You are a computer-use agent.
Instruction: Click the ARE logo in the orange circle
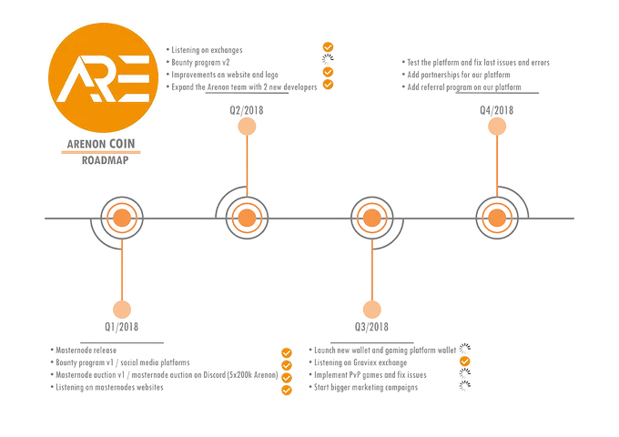(x=104, y=78)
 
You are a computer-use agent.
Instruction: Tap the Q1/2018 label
(x=122, y=327)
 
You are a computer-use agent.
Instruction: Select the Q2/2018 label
(x=247, y=110)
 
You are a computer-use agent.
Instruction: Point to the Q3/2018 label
(x=371, y=327)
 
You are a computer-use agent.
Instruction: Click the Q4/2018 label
(x=497, y=110)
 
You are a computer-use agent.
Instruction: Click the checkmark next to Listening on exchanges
(x=328, y=47)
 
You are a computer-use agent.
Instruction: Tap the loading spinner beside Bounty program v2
(x=328, y=59)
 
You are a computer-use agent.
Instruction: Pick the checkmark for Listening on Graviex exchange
(x=465, y=361)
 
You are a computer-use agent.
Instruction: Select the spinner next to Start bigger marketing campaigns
(x=465, y=386)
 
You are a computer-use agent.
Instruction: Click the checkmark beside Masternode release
(x=287, y=352)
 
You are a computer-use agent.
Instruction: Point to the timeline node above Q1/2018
(x=122, y=218)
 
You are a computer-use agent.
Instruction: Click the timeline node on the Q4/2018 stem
(x=497, y=218)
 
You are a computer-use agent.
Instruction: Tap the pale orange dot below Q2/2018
(x=247, y=127)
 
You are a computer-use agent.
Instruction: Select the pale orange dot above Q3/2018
(x=372, y=310)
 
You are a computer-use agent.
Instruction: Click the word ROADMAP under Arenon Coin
(x=105, y=160)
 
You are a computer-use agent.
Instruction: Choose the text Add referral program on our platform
(x=464, y=87)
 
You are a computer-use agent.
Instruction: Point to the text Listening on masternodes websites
(x=109, y=387)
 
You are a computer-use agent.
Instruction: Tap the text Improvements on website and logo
(x=225, y=75)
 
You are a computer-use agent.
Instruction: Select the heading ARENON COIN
(x=101, y=144)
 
